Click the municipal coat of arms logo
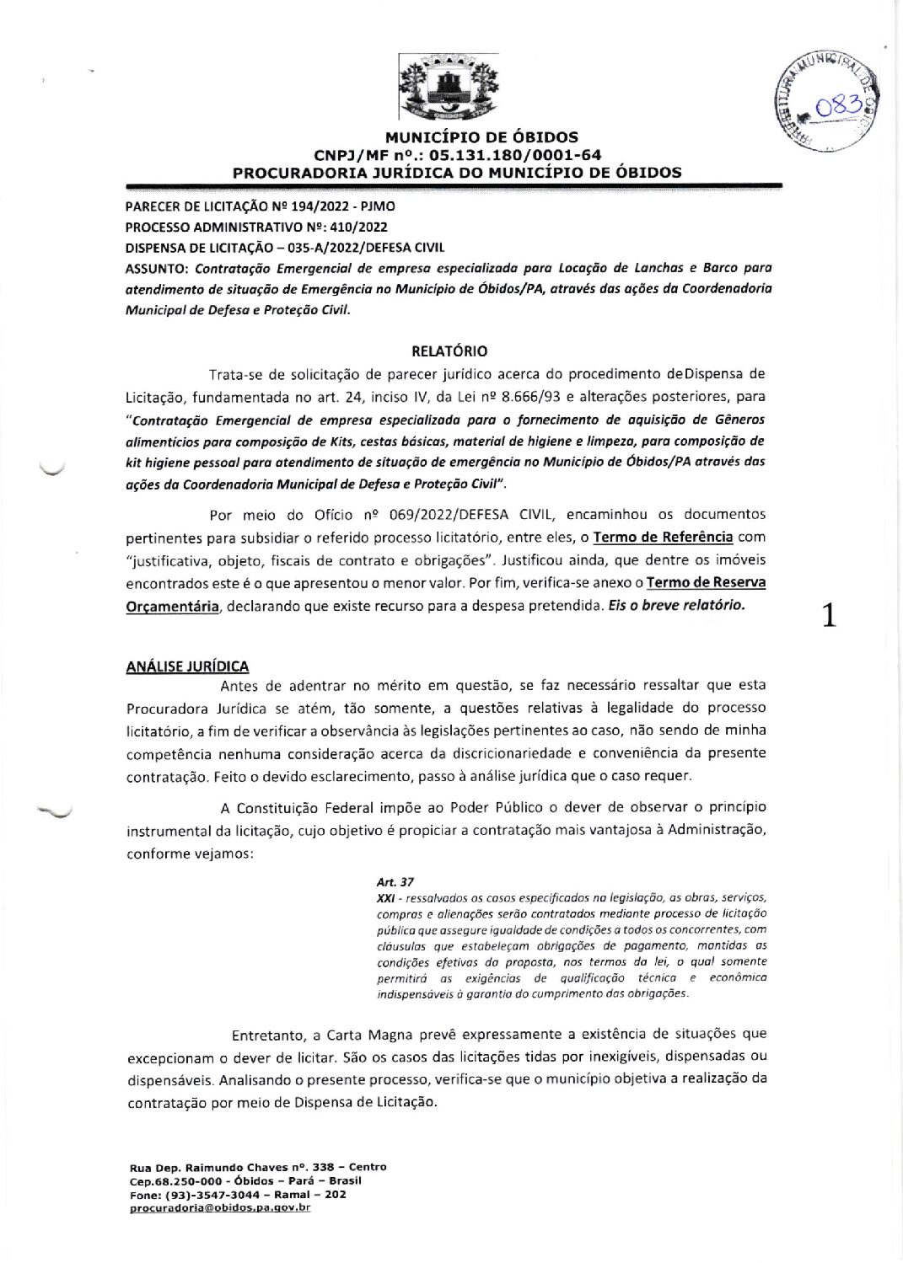click(x=449, y=86)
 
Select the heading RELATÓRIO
click(x=449, y=351)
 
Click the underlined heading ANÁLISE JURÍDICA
click(x=187, y=666)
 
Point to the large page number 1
click(x=830, y=617)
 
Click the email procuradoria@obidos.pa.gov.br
click(x=220, y=1207)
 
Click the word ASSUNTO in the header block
click(x=157, y=269)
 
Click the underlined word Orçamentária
click(x=173, y=607)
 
